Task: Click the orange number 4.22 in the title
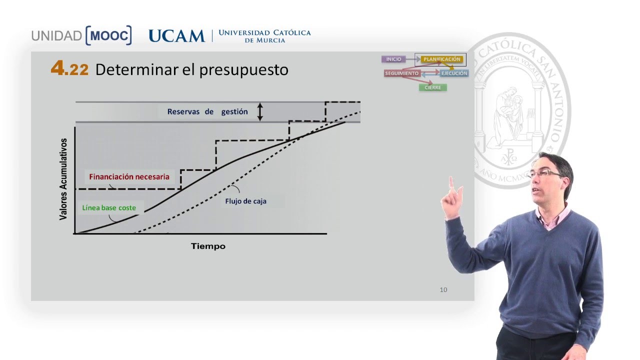(69, 69)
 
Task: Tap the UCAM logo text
(176, 36)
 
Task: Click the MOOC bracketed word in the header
(108, 35)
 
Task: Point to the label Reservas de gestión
(207, 111)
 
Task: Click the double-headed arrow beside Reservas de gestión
(259, 112)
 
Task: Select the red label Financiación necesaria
(129, 176)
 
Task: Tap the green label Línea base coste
(109, 207)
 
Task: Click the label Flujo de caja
(245, 201)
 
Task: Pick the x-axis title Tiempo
(208, 246)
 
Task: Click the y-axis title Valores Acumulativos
(63, 179)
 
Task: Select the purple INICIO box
(393, 59)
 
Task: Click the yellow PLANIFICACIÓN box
(441, 59)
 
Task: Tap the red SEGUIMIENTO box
(402, 73)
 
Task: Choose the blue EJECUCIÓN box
(454, 73)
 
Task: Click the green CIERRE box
(432, 87)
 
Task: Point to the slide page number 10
(443, 289)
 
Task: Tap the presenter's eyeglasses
(542, 173)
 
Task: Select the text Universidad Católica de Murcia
(264, 36)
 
